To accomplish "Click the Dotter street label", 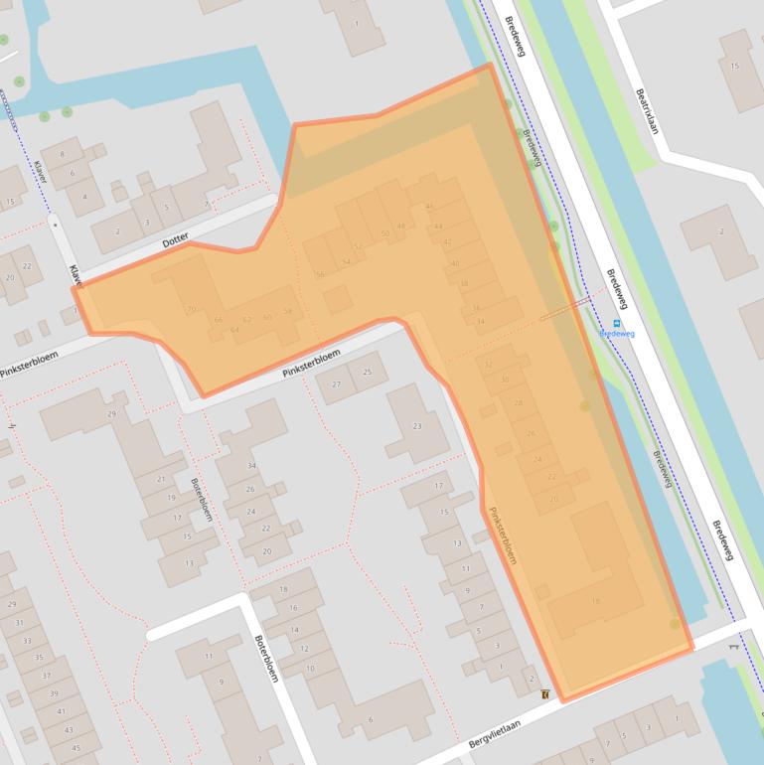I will coord(175,238).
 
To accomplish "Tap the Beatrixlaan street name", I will coord(647,110).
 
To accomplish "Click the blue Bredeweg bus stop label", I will coord(617,334).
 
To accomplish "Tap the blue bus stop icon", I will coord(617,323).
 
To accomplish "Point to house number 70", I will coord(192,309).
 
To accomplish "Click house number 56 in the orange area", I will coord(320,274).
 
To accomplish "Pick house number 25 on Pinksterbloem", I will coord(369,372).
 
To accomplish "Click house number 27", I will coord(337,384).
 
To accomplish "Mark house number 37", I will coord(46,675).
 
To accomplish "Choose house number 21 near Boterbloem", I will coord(160,479).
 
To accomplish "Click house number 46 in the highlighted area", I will coord(429,206).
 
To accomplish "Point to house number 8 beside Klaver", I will coord(63,155).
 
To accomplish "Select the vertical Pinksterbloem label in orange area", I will coord(504,536).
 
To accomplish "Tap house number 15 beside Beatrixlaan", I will coord(735,67).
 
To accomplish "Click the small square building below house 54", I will coord(338,299).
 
